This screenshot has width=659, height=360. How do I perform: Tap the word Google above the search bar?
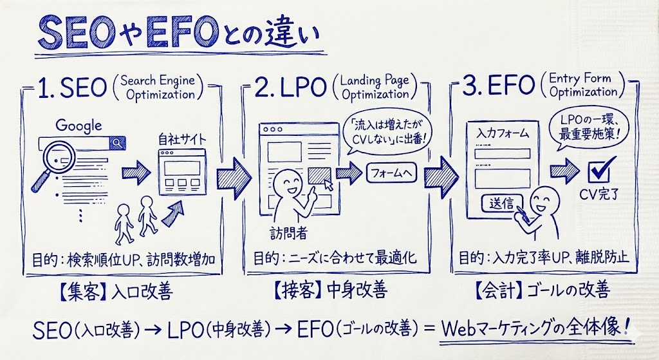click(79, 126)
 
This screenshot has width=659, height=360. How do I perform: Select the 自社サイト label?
click(182, 138)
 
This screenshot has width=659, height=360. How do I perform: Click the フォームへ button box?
click(392, 173)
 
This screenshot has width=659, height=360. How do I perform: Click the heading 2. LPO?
click(289, 90)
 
